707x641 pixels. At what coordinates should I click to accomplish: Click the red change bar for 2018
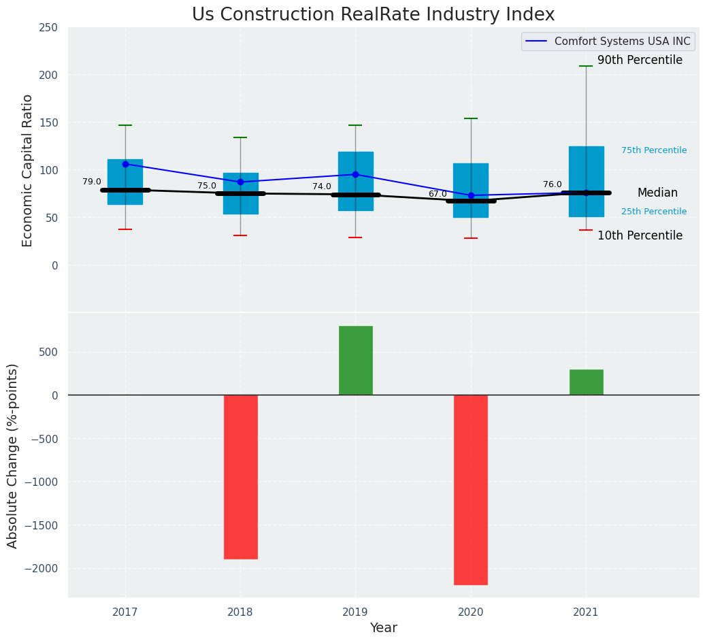tap(240, 476)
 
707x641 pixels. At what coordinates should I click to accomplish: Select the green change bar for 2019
tap(355, 361)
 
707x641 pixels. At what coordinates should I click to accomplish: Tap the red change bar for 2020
tap(471, 489)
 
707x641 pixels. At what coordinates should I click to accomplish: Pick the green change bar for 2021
tap(586, 382)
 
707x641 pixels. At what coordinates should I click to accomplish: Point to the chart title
tap(373, 15)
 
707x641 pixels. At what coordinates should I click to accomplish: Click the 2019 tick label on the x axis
tap(355, 612)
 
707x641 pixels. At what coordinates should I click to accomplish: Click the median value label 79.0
tap(92, 182)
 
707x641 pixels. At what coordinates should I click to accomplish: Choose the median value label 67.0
tap(438, 194)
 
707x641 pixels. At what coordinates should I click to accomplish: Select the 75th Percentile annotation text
tap(654, 150)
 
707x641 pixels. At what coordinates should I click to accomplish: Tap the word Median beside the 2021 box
tap(657, 193)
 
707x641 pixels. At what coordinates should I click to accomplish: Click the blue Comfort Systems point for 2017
tap(125, 164)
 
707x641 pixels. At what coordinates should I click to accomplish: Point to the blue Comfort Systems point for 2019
tap(355, 174)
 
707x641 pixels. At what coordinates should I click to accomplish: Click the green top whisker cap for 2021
tap(586, 66)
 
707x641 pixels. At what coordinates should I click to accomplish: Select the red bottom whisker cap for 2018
tap(240, 235)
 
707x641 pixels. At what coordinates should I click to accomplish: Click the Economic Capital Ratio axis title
tap(28, 170)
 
